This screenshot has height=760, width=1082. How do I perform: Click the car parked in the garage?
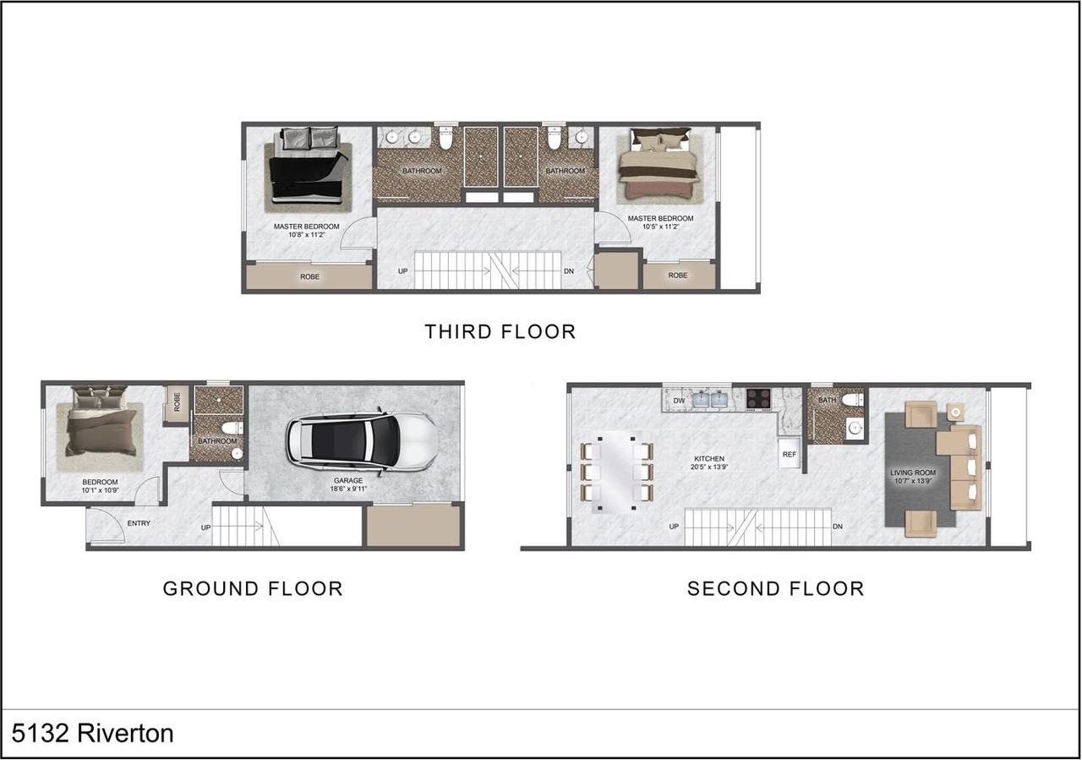coord(363,440)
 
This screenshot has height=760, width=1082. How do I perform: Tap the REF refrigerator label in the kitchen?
coord(790,454)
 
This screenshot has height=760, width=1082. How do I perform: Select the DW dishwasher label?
coord(679,401)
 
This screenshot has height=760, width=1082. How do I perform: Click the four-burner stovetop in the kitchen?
coord(758,399)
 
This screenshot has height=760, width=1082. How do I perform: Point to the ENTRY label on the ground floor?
coord(139,523)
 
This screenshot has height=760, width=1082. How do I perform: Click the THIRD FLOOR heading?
coord(500,332)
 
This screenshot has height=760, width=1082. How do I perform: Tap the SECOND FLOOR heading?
coord(776,589)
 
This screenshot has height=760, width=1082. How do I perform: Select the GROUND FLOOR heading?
coord(253,589)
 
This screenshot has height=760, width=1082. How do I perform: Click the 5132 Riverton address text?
coord(92,733)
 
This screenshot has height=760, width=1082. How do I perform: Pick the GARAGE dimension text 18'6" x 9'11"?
coord(348,489)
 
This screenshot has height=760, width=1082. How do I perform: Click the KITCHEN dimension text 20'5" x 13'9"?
coord(709,467)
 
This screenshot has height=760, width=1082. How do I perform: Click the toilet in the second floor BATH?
coord(853,400)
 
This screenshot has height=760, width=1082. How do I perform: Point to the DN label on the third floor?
coord(569,271)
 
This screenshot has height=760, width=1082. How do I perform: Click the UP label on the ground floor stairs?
coord(205,528)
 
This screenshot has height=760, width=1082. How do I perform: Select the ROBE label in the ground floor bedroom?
coord(177,402)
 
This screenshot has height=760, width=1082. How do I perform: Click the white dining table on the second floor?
coord(617,472)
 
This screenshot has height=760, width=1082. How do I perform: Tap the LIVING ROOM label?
coord(913,473)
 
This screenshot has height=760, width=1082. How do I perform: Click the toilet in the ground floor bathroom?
coord(232,427)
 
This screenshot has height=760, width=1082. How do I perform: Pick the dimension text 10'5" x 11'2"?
coord(661,227)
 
